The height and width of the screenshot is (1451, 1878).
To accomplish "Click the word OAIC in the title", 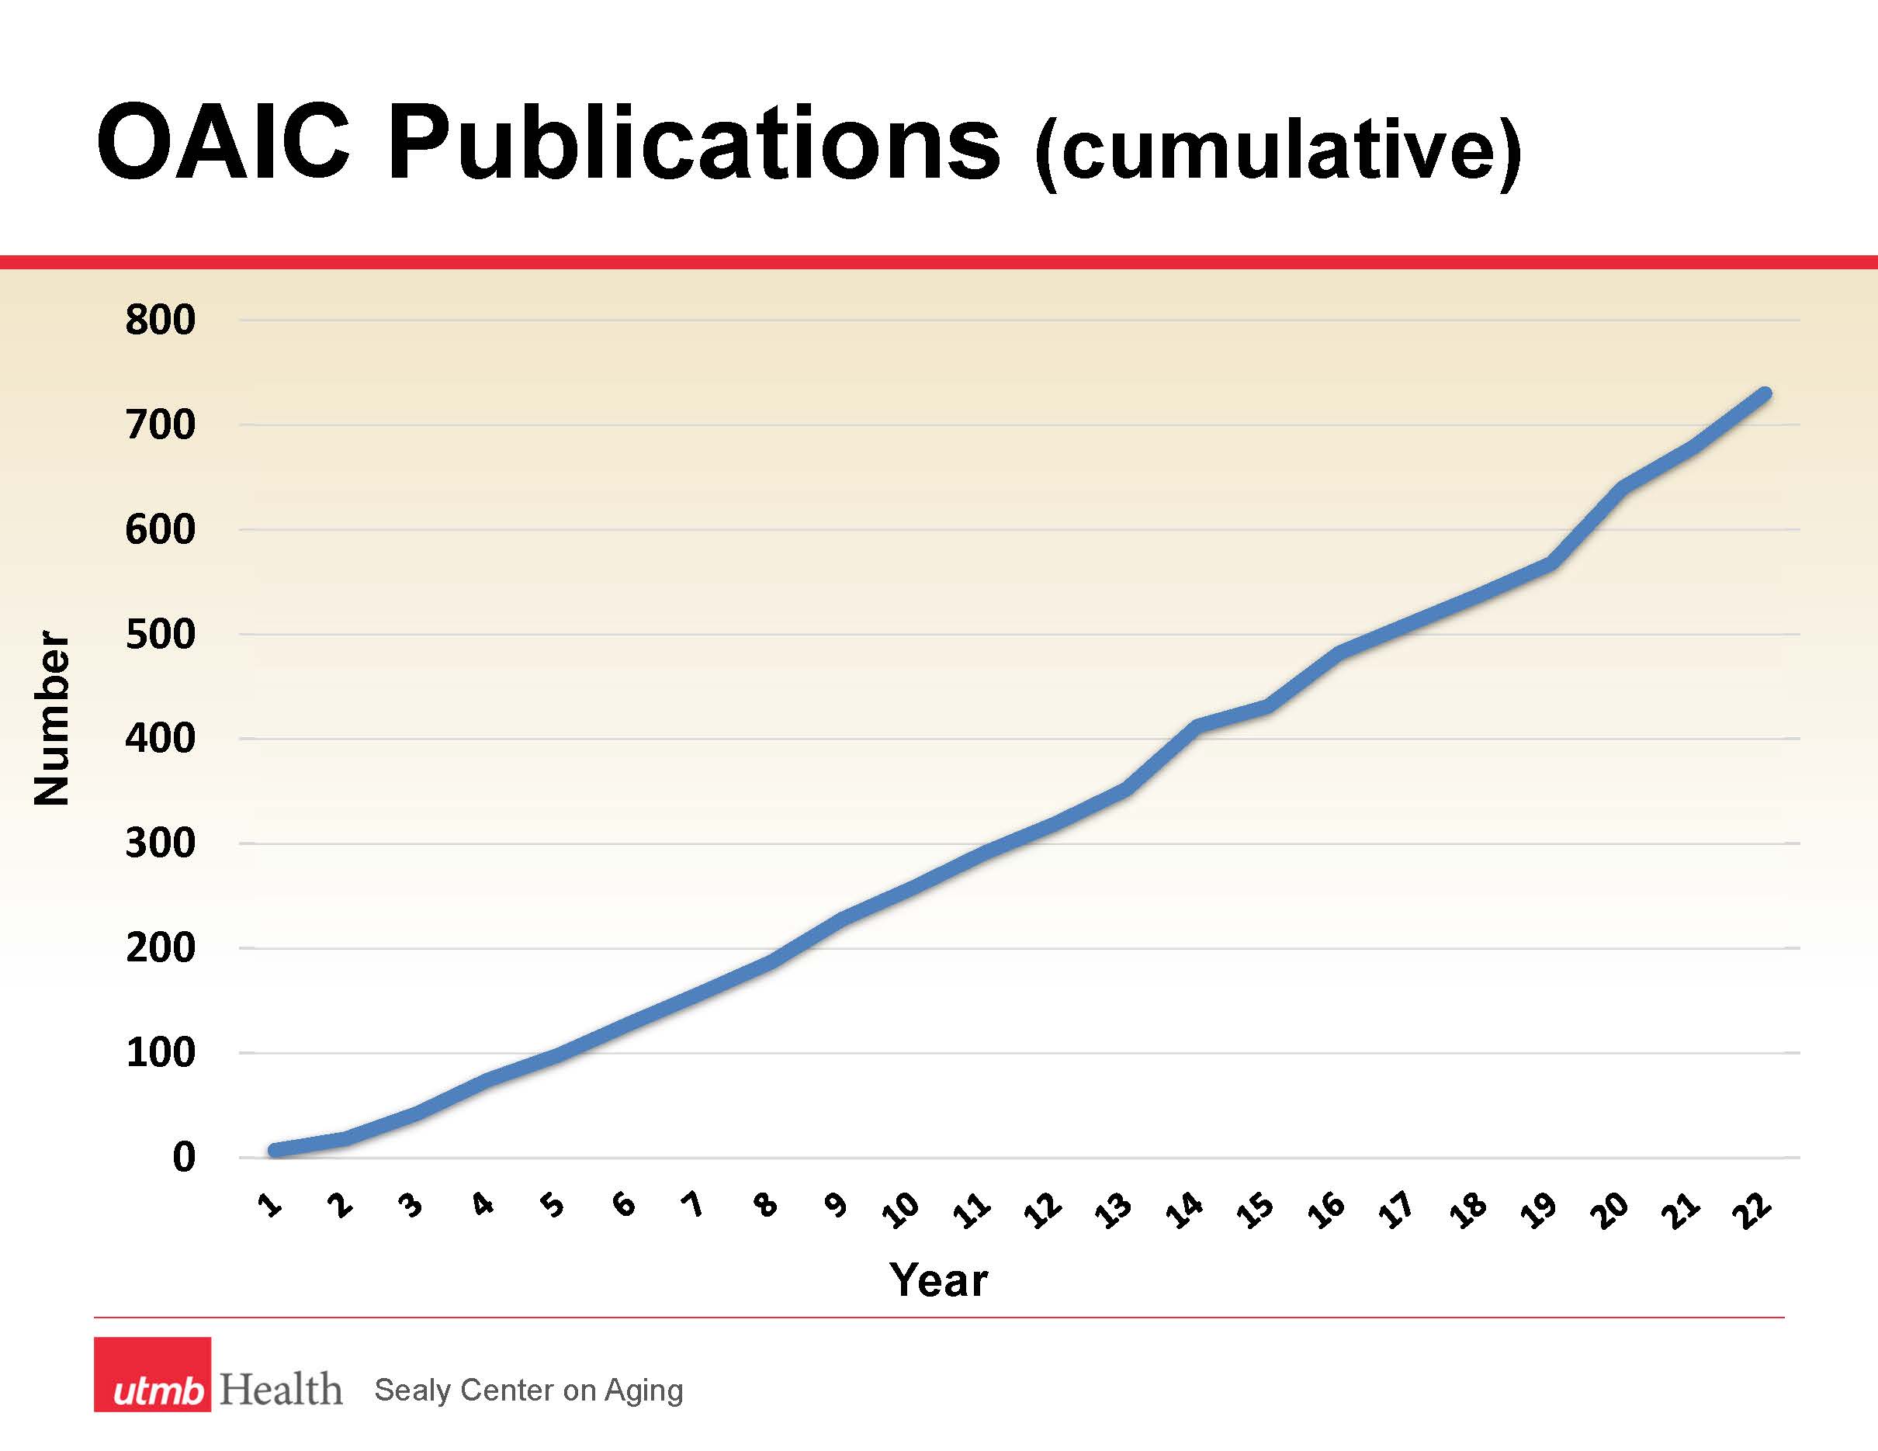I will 223,143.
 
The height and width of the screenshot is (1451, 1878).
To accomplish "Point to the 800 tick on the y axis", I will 160,320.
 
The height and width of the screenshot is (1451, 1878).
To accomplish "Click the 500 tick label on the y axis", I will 160,635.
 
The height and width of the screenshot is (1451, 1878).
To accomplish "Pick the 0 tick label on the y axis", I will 184,1158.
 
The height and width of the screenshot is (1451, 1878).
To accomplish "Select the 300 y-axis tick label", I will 160,843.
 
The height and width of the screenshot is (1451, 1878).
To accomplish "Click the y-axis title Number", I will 51,719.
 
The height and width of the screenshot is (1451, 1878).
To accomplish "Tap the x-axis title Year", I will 938,1280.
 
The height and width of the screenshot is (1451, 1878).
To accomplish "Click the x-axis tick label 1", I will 270,1205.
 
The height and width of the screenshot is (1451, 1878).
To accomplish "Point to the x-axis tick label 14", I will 1183,1210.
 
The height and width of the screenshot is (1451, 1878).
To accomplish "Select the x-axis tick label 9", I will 835,1205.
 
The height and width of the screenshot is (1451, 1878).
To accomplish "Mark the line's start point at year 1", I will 274,1150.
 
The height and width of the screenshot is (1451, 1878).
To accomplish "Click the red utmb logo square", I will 152,1373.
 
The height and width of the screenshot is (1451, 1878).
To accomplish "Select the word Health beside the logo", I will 281,1389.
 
